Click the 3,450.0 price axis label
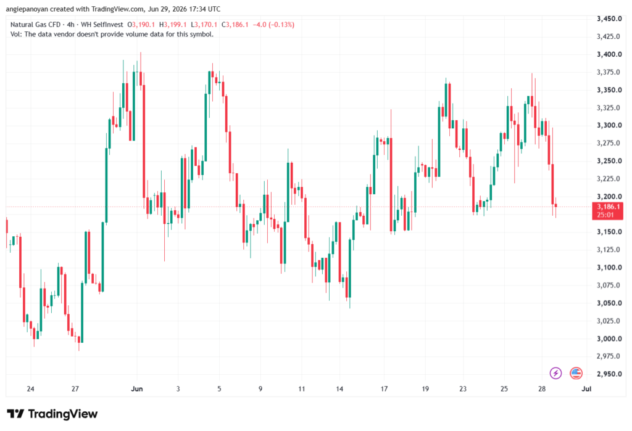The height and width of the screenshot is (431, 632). pyautogui.click(x=609, y=19)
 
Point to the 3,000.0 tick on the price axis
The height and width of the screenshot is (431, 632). pyautogui.click(x=609, y=339)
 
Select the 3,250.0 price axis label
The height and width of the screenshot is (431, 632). pyautogui.click(x=609, y=161)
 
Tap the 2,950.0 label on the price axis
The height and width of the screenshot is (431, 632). pyautogui.click(x=609, y=374)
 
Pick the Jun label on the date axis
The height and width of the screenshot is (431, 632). pyautogui.click(x=137, y=389)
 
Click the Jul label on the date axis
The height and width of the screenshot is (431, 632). pyautogui.click(x=586, y=389)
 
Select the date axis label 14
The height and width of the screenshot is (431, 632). pyautogui.click(x=340, y=389)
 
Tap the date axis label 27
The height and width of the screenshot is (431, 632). pyautogui.click(x=75, y=389)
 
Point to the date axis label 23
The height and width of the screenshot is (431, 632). pyautogui.click(x=463, y=389)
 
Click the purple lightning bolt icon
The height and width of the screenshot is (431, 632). pyautogui.click(x=556, y=374)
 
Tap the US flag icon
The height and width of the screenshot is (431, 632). pyautogui.click(x=576, y=374)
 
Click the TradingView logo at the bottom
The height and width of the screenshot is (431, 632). pyautogui.click(x=52, y=414)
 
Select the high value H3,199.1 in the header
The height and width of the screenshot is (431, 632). pyautogui.click(x=173, y=25)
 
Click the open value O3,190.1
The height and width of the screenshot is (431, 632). pyautogui.click(x=141, y=25)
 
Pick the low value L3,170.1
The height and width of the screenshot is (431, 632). pyautogui.click(x=204, y=25)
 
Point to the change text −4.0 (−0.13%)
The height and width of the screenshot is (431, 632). pyautogui.click(x=273, y=25)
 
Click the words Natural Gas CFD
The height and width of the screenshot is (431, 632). pyautogui.click(x=35, y=25)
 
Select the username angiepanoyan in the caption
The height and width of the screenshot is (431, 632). pyautogui.click(x=27, y=9)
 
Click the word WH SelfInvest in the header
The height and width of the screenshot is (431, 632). pyautogui.click(x=102, y=25)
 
